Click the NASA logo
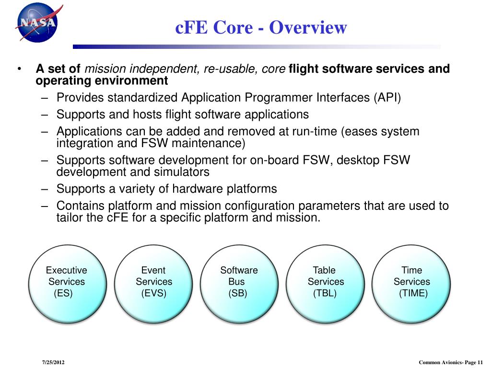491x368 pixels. [x=36, y=23]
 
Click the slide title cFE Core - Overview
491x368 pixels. [x=260, y=27]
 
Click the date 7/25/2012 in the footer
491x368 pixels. [x=53, y=362]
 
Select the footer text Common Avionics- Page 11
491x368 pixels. [x=451, y=362]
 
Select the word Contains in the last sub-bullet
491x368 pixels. [x=81, y=206]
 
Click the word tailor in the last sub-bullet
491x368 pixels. [x=70, y=218]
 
